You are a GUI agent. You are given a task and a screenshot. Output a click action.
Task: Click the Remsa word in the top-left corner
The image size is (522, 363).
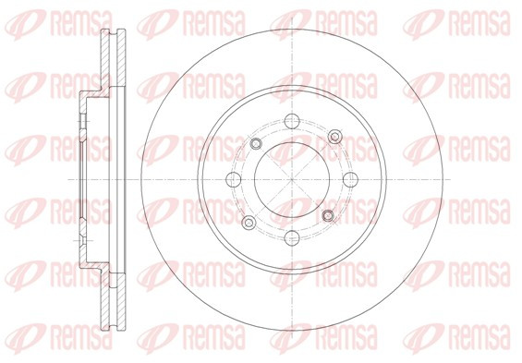tap(81, 24)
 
